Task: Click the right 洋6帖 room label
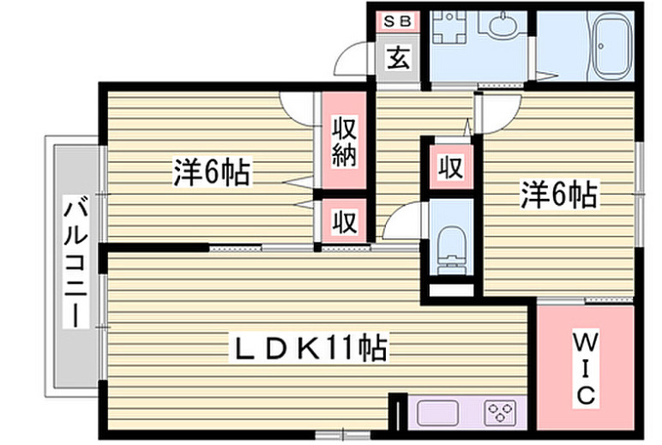pyautogui.click(x=558, y=196)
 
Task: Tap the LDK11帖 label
pyautogui.click(x=310, y=348)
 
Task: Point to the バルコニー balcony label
pyautogui.click(x=76, y=262)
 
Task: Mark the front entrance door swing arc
pyautogui.click(x=354, y=65)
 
